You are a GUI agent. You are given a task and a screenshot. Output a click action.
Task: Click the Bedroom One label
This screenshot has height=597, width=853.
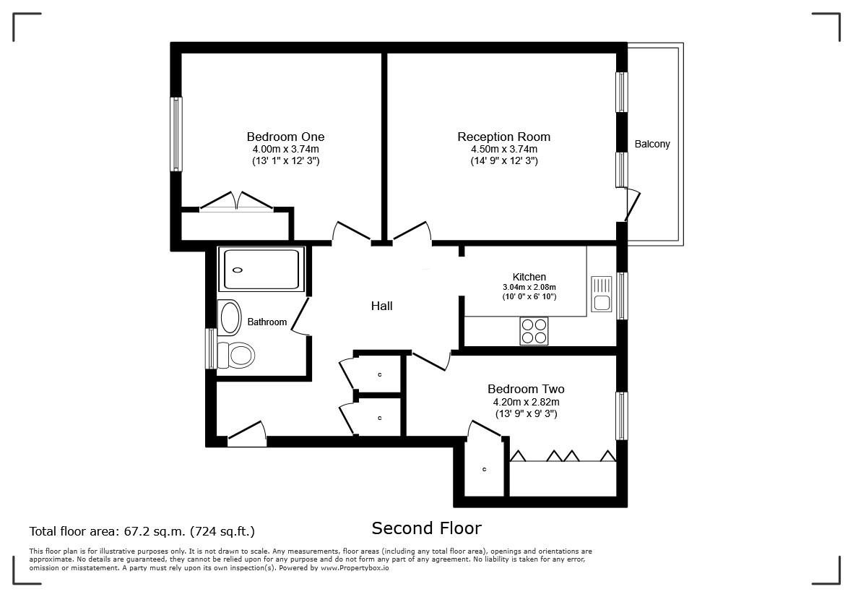pyautogui.click(x=285, y=137)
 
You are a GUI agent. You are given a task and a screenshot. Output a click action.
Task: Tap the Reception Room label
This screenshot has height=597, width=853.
pyautogui.click(x=503, y=137)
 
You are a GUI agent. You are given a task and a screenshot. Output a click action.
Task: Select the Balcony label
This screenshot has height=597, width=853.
pyautogui.click(x=652, y=145)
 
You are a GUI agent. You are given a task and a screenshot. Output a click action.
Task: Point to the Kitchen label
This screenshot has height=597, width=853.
pyautogui.click(x=529, y=277)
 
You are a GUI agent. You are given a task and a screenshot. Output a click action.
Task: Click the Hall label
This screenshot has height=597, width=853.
pyautogui.click(x=382, y=306)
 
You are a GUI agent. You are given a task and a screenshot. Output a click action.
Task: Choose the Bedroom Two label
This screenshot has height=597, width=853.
pyautogui.click(x=526, y=389)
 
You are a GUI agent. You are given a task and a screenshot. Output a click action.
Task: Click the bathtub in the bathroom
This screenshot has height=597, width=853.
pyautogui.click(x=261, y=270)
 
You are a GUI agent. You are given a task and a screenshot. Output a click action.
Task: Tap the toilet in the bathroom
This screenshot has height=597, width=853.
pyautogui.click(x=235, y=355)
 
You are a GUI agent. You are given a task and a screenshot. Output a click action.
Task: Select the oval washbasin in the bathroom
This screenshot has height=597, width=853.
pyautogui.click(x=230, y=317)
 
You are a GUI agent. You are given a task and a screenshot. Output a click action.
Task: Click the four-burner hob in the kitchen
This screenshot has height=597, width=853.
pyautogui.click(x=534, y=331)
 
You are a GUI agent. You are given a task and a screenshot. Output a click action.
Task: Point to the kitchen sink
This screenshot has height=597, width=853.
pyautogui.click(x=602, y=294)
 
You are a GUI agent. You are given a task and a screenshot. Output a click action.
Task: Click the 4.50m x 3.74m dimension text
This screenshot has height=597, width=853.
pyautogui.click(x=504, y=149)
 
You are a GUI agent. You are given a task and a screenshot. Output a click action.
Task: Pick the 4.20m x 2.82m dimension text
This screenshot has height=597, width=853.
pyautogui.click(x=526, y=402)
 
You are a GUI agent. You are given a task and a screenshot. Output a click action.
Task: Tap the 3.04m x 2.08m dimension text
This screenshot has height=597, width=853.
pyautogui.click(x=529, y=288)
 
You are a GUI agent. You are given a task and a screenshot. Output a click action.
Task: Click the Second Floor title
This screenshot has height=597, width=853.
pyautogui.click(x=426, y=528)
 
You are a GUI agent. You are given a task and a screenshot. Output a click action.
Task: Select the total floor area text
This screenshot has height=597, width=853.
pyautogui.click(x=142, y=531)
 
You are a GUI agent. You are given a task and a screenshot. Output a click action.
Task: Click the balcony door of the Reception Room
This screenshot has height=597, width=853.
pyautogui.click(x=632, y=205)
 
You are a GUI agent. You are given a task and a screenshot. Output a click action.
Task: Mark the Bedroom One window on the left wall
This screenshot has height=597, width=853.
pyautogui.click(x=176, y=134)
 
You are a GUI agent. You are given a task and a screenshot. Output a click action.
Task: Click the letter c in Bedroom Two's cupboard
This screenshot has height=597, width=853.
pyautogui.click(x=484, y=469)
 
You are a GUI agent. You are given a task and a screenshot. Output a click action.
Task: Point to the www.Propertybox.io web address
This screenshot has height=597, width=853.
pyautogui.click(x=355, y=567)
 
